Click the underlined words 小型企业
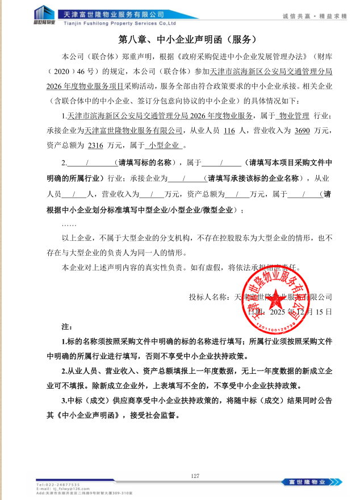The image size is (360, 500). point(164,145)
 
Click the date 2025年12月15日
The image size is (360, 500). point(290,312)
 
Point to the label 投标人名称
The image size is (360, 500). point(210,297)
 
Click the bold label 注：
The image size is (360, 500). point(67,328)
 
